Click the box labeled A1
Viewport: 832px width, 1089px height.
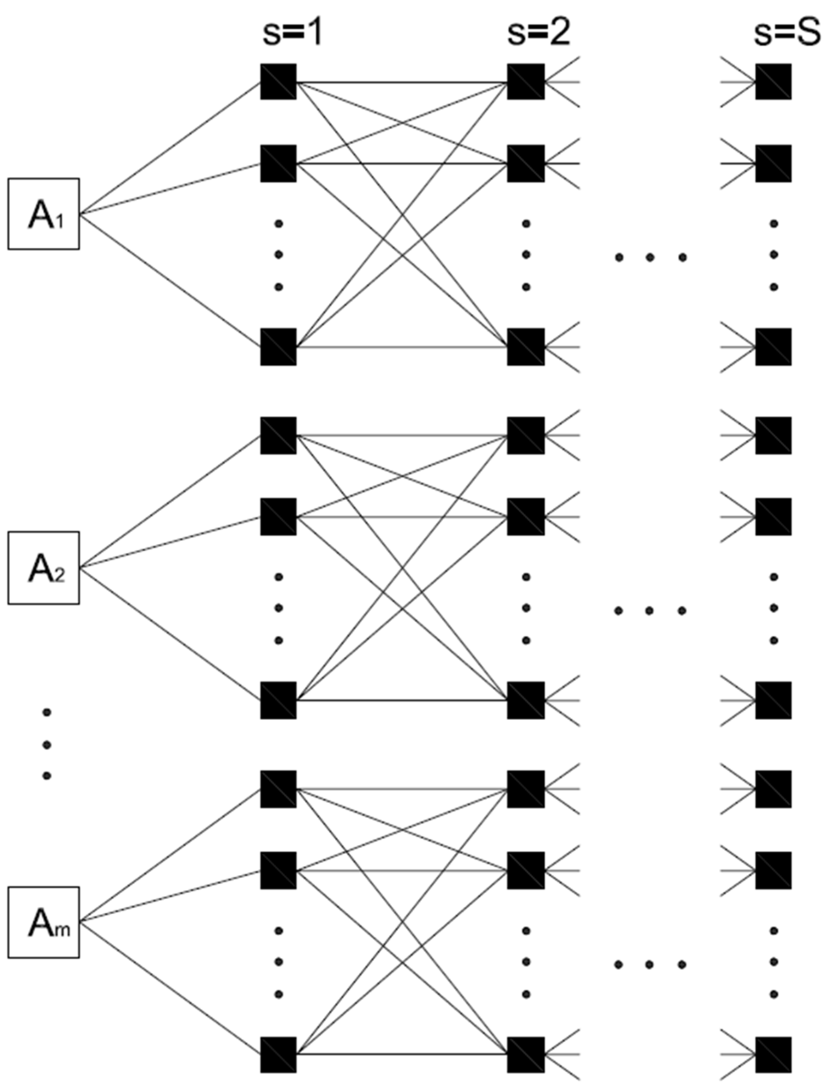[x=44, y=214]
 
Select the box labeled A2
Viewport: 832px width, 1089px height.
[x=44, y=568]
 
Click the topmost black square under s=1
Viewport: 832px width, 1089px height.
[x=278, y=82]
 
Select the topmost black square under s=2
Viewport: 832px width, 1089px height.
[x=526, y=82]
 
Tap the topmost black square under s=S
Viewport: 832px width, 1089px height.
[x=773, y=82]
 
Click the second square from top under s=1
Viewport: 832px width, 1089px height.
[x=278, y=163]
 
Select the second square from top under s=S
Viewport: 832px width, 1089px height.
[x=773, y=163]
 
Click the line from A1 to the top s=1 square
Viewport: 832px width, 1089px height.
[x=171, y=148]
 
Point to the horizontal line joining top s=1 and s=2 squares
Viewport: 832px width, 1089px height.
[x=401, y=82]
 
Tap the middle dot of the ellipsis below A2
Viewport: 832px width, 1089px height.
[x=47, y=745]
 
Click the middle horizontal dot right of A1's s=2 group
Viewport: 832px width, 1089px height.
[x=650, y=257]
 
